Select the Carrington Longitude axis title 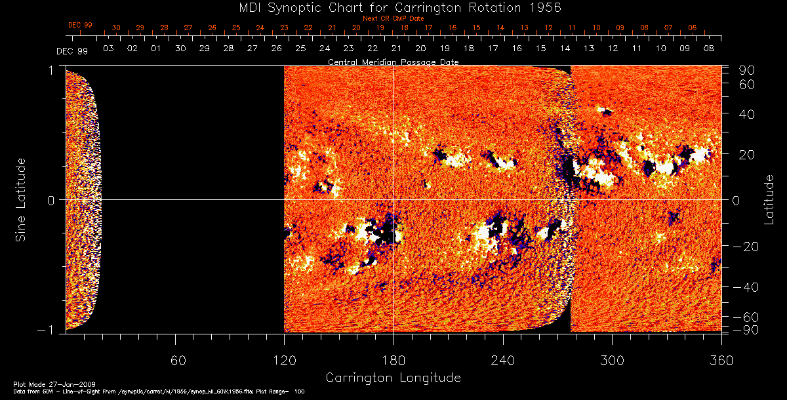pyautogui.click(x=393, y=378)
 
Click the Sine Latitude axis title pyautogui.click(x=21, y=199)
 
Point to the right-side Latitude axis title pyautogui.click(x=769, y=199)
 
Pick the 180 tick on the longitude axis pyautogui.click(x=393, y=359)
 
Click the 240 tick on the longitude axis pyautogui.click(x=503, y=359)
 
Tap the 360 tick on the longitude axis pyautogui.click(x=721, y=359)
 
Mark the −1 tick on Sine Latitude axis pyautogui.click(x=49, y=330)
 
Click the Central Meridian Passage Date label pyautogui.click(x=393, y=62)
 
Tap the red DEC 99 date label pyautogui.click(x=80, y=25)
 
